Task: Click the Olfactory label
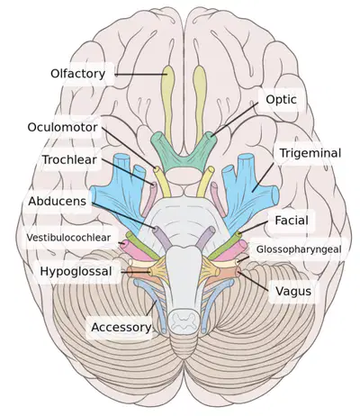(x=77, y=74)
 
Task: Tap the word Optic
(x=281, y=99)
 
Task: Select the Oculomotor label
(x=62, y=127)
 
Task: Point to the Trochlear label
(x=69, y=159)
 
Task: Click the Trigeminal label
(x=310, y=153)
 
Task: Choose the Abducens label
(x=58, y=201)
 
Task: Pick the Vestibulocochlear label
(x=68, y=238)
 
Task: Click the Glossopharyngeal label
(x=299, y=249)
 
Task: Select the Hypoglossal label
(x=76, y=271)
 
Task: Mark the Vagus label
(x=293, y=291)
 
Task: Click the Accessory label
(x=121, y=327)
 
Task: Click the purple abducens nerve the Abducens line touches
(x=161, y=239)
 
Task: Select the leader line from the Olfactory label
(x=140, y=75)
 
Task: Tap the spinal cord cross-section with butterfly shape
(x=184, y=322)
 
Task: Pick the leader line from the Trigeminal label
(x=263, y=177)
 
